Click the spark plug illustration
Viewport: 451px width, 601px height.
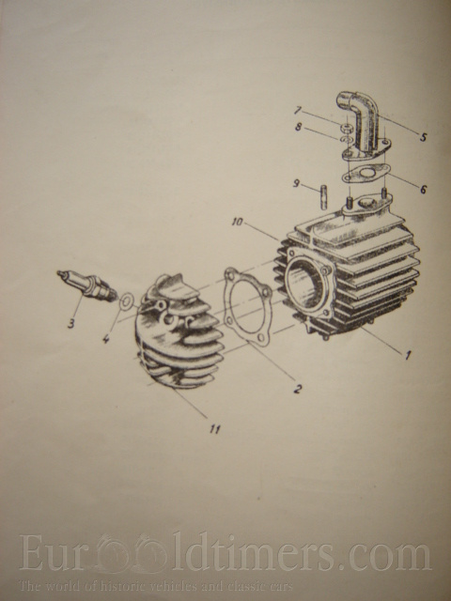[87, 285]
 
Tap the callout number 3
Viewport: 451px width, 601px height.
[71, 323]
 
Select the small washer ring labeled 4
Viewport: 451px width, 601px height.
[126, 301]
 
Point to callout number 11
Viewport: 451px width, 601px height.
[215, 429]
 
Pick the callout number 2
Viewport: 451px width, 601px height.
[298, 389]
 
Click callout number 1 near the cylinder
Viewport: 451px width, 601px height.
[408, 355]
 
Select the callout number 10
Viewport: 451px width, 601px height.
[238, 222]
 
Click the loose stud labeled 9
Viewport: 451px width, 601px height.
[323, 196]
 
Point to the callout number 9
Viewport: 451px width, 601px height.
[296, 183]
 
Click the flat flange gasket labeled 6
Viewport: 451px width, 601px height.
[365, 173]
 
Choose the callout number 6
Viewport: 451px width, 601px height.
[423, 189]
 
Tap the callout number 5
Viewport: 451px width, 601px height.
[423, 136]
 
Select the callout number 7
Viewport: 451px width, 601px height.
[297, 111]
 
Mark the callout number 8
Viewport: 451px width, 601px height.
[299, 127]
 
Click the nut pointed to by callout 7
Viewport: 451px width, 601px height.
[347, 127]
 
